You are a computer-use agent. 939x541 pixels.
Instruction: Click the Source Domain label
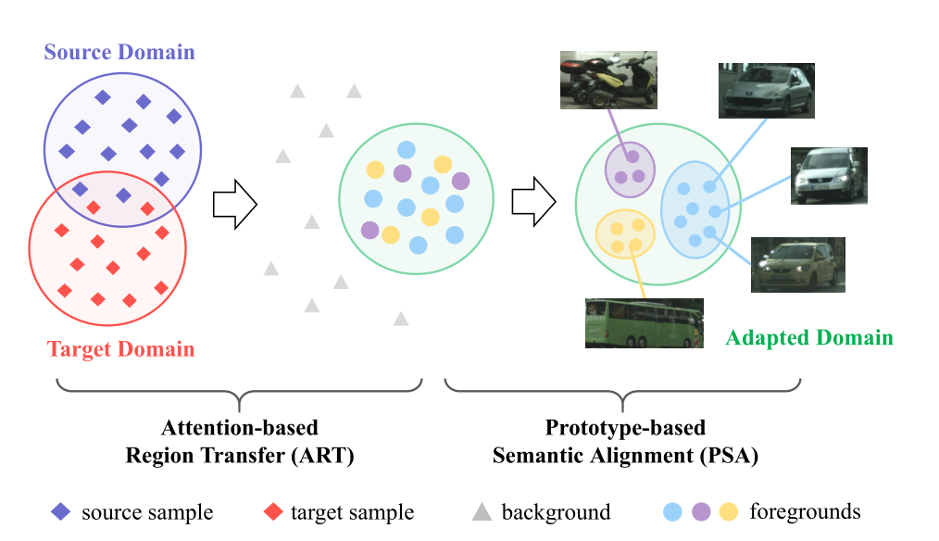(119, 51)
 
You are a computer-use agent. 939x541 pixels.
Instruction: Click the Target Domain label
(120, 349)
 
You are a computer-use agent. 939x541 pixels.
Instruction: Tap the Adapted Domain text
(809, 337)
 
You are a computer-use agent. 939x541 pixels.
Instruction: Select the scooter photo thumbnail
(608, 80)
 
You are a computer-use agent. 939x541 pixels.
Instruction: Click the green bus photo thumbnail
(644, 322)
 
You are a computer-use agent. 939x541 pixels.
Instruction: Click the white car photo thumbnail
(829, 175)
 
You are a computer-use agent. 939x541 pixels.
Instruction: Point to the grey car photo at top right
(766, 91)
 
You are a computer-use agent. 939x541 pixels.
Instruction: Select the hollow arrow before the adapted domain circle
(533, 201)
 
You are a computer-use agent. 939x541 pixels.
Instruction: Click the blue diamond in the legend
(60, 511)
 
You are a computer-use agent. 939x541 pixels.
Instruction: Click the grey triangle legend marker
(482, 511)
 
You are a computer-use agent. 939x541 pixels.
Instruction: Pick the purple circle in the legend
(701, 511)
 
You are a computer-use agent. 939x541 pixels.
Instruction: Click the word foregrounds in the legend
(805, 511)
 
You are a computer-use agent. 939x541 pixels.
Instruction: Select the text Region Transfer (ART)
(239, 455)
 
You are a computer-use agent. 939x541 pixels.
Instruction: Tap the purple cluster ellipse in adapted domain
(631, 168)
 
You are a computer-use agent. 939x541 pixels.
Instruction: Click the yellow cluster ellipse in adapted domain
(625, 233)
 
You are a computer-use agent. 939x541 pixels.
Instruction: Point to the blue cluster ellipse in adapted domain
(695, 208)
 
